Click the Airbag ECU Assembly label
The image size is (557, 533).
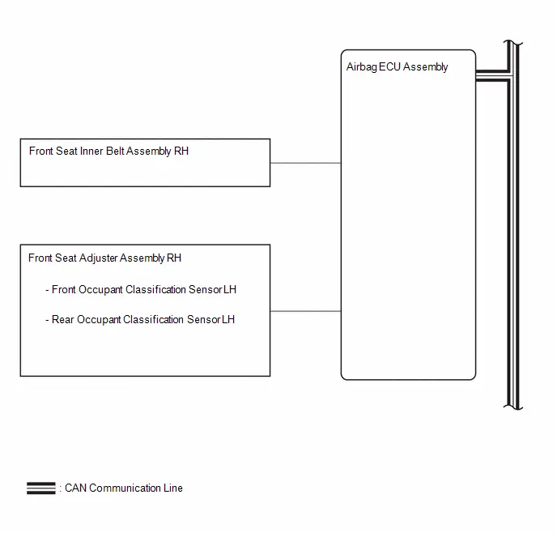pos(397,67)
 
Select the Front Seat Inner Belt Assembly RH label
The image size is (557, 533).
pos(108,151)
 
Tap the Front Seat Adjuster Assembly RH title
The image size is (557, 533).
pos(104,258)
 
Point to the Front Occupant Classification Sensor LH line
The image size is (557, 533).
pos(141,290)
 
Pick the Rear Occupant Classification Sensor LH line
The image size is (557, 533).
pos(140,320)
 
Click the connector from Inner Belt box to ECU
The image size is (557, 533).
pos(305,163)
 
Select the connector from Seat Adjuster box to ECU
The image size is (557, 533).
pos(305,311)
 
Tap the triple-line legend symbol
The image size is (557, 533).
pos(41,488)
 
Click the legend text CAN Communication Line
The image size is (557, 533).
pos(124,488)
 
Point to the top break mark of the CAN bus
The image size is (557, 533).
pos(513,43)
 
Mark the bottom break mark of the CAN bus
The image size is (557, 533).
pos(513,407)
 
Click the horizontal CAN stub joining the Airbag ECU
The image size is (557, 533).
pos(493,75)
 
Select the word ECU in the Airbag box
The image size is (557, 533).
pos(390,66)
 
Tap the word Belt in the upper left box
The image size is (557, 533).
pos(115,151)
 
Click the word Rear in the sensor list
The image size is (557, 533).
pos(63,319)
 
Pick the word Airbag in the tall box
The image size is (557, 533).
pos(362,67)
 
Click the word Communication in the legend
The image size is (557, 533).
pos(125,488)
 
